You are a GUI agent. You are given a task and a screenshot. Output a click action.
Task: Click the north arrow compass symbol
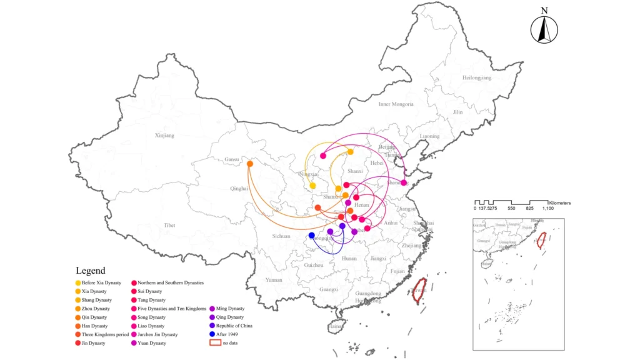[544, 28]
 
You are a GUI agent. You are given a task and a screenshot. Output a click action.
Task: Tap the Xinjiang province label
[165, 135]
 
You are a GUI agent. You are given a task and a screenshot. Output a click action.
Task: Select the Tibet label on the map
[169, 225]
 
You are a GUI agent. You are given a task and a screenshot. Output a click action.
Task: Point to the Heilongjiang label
[477, 77]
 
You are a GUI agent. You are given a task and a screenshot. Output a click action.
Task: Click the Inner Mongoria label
[396, 104]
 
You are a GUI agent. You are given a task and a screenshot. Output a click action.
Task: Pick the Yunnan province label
[274, 280]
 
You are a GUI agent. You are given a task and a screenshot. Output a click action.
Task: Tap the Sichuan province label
[281, 236]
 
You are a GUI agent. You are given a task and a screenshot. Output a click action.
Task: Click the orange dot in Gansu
[250, 164]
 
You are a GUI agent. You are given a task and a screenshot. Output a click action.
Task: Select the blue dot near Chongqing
[312, 235]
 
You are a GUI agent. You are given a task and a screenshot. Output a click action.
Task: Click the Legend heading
[91, 271]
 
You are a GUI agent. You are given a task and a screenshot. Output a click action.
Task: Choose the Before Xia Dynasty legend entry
[101, 283]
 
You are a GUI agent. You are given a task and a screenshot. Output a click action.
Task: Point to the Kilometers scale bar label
[560, 203]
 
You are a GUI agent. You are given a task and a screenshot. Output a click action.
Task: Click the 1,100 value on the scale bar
[547, 208]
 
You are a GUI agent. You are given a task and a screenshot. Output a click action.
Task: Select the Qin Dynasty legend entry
[94, 317]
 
